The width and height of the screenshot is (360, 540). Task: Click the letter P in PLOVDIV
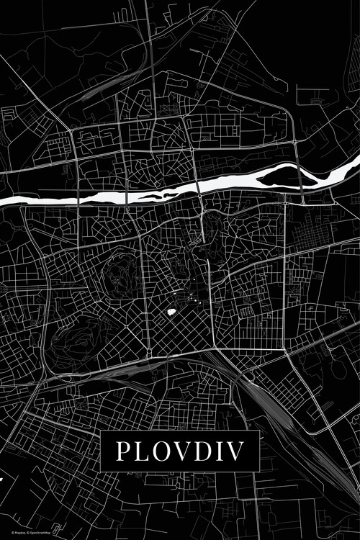122,451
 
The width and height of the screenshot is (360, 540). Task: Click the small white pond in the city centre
171,312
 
